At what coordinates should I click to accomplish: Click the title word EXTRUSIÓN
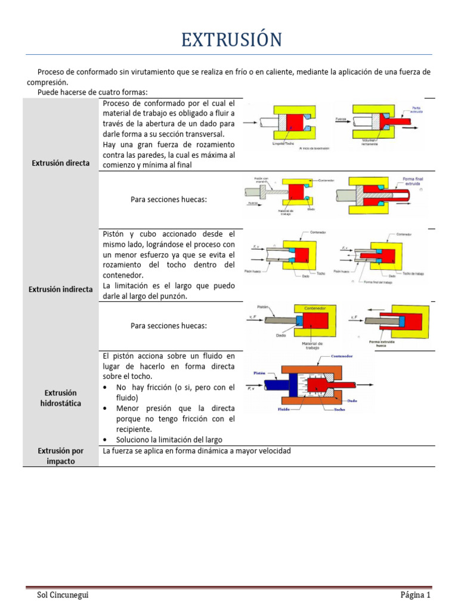click(x=231, y=40)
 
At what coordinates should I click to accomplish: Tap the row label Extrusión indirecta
click(x=60, y=289)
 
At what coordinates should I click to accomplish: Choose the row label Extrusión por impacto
click(x=61, y=456)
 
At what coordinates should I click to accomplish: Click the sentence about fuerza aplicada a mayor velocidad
click(x=197, y=451)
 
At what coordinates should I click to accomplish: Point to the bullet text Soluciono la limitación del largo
click(x=170, y=440)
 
